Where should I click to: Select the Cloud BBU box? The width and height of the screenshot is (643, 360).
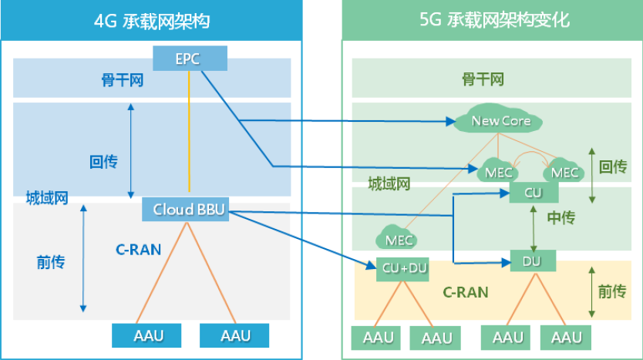[189, 210]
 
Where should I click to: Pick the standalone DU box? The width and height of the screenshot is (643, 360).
[532, 261]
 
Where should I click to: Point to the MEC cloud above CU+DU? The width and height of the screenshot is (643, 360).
[399, 239]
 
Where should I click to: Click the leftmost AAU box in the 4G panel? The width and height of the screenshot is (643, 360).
[147, 335]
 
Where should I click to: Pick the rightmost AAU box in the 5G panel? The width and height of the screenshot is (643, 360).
[567, 338]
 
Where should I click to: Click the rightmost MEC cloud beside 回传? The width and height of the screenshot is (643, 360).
[565, 172]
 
